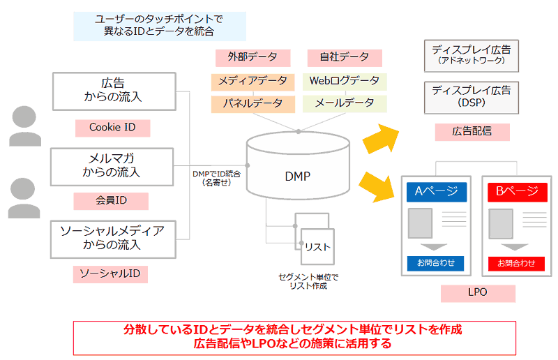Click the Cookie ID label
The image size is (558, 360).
(x=112, y=128)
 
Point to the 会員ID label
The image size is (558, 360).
(x=112, y=201)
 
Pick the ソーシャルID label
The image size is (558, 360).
(x=111, y=274)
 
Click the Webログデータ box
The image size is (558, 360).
(x=345, y=81)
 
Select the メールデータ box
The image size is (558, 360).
(x=345, y=103)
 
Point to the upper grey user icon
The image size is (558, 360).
(x=25, y=126)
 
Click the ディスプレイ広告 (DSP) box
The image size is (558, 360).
(x=471, y=96)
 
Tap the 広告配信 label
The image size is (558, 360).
(x=472, y=131)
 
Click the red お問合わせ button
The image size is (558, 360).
(x=516, y=263)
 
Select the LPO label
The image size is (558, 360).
(x=478, y=293)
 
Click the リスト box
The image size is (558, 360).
(x=317, y=246)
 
